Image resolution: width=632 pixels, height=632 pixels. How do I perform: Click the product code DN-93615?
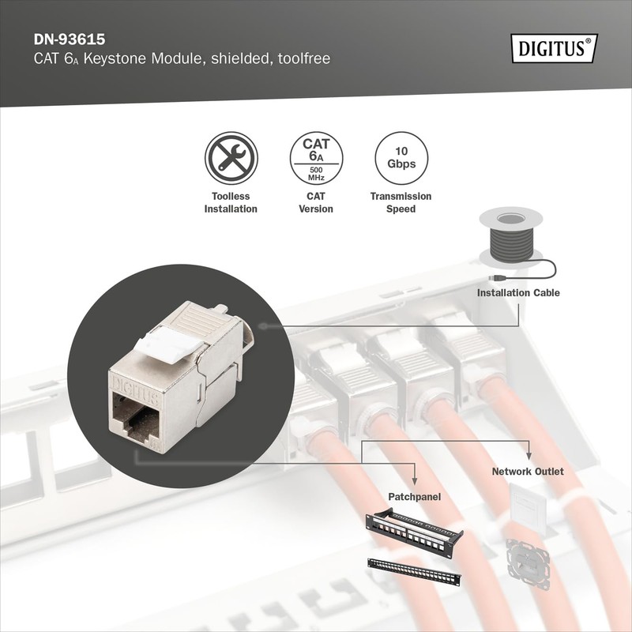pos(68,39)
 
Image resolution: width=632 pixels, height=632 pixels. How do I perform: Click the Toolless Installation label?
pos(231,203)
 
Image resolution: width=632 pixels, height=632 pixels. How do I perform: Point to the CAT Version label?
pos(315,203)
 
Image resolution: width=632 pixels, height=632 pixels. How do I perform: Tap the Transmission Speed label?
pos(401,203)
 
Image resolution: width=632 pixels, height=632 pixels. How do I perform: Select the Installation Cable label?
pos(517,293)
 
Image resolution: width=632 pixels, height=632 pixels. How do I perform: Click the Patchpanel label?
pos(414,497)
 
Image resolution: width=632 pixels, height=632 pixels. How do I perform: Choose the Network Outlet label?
pos(528,472)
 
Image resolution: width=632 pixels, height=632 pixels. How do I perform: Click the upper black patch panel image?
pos(415,529)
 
